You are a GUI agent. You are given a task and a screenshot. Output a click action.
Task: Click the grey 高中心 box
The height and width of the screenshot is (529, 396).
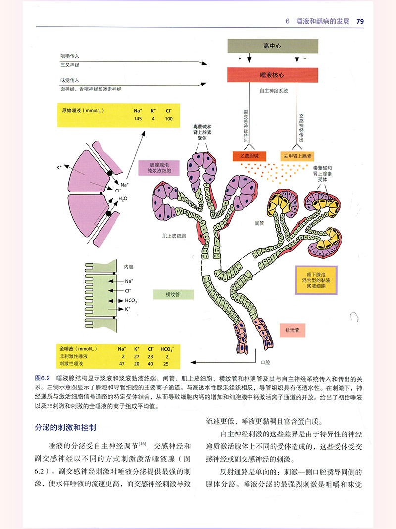point(272,46)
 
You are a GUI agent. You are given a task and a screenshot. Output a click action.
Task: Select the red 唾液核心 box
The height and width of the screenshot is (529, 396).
point(272,75)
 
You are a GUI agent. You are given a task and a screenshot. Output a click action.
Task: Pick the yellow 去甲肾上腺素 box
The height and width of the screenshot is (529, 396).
point(297,156)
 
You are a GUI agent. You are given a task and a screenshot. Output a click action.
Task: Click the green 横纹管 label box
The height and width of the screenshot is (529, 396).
point(172,294)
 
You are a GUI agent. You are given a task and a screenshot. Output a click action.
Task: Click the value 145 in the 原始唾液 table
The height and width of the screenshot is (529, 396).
point(138,119)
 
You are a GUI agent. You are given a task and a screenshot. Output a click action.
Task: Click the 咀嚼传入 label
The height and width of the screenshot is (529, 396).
point(70,56)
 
